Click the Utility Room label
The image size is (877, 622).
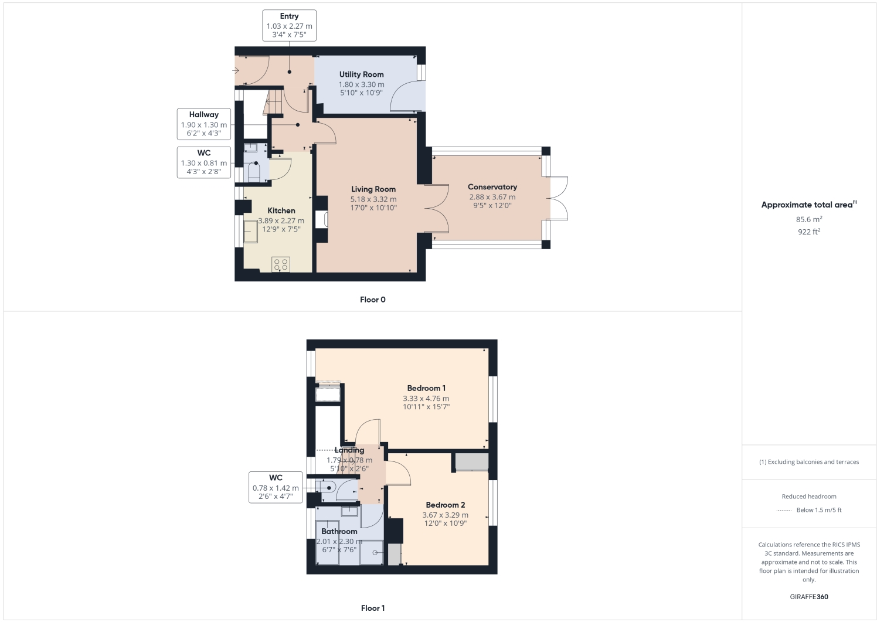(x=361, y=74)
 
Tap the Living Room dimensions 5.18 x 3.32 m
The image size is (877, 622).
(x=373, y=199)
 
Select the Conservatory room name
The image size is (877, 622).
(x=492, y=187)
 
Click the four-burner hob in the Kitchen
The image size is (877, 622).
(x=281, y=264)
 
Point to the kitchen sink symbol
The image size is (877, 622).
(x=250, y=233)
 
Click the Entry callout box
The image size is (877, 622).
(x=289, y=25)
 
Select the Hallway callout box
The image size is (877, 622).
(x=203, y=124)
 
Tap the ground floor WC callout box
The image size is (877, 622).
(x=203, y=162)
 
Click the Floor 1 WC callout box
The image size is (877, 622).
(x=276, y=487)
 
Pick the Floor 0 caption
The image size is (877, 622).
(x=373, y=300)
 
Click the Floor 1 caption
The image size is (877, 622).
(x=373, y=608)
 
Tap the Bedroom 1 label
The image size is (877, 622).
(x=426, y=388)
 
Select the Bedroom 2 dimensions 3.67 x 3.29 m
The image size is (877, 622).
(x=445, y=515)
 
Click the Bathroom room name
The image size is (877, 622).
(x=339, y=531)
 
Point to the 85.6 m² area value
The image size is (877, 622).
(x=808, y=219)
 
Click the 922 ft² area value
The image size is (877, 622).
(x=808, y=232)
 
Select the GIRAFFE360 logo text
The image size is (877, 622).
(x=809, y=597)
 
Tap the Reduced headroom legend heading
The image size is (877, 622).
(x=809, y=497)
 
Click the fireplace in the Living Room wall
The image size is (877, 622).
(x=321, y=219)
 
